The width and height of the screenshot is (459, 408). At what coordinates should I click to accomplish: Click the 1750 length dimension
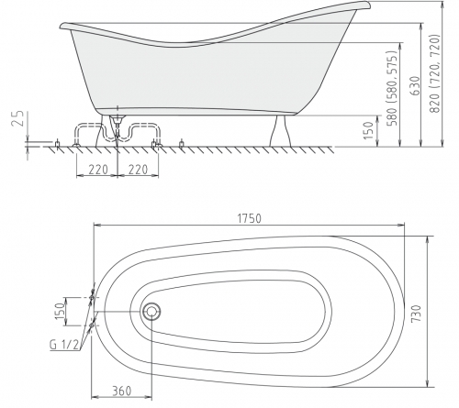click(x=250, y=218)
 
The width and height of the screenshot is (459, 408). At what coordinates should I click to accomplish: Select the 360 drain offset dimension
click(x=121, y=391)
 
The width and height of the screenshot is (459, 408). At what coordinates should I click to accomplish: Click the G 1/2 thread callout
click(x=64, y=345)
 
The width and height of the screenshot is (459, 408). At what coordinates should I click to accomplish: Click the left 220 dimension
click(x=98, y=170)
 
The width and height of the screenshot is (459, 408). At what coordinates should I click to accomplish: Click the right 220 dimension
click(x=138, y=170)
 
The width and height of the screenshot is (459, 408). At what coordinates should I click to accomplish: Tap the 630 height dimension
click(x=416, y=86)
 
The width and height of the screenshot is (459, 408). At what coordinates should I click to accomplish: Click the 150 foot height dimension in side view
click(x=369, y=131)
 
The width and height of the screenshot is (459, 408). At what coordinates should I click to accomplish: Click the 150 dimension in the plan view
click(x=61, y=311)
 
